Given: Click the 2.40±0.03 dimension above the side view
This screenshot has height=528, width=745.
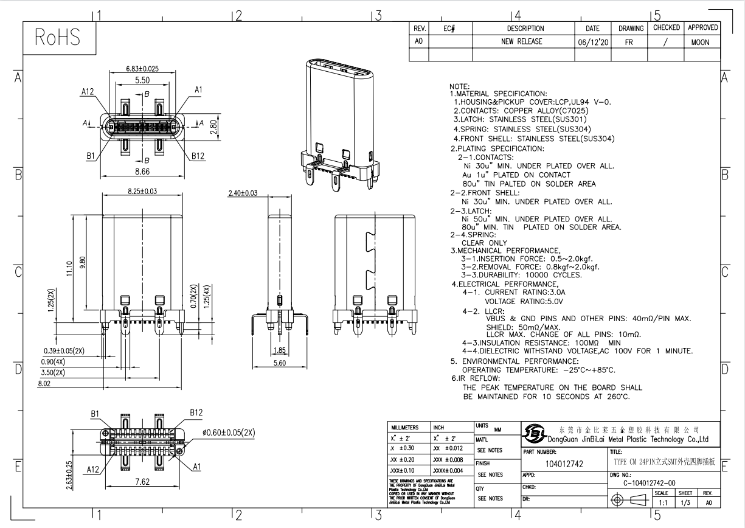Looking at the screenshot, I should point(242,193).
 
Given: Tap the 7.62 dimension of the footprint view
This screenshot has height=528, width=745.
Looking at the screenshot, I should point(142,482).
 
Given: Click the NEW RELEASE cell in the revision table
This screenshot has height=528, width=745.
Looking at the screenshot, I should point(521,42).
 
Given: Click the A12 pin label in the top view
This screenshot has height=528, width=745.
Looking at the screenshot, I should point(88,91).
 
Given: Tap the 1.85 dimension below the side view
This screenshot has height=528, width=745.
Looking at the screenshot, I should point(280,350).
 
